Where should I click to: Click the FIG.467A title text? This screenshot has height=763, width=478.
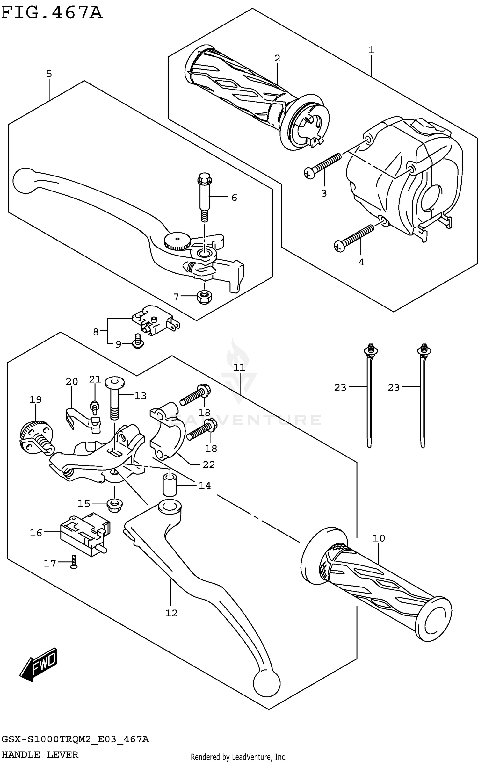(52, 13)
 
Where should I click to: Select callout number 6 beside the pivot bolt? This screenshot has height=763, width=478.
(234, 198)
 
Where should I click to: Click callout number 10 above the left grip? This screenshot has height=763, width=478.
(379, 538)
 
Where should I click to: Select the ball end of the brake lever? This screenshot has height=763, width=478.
(24, 180)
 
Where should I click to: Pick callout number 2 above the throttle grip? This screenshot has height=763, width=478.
(277, 58)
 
